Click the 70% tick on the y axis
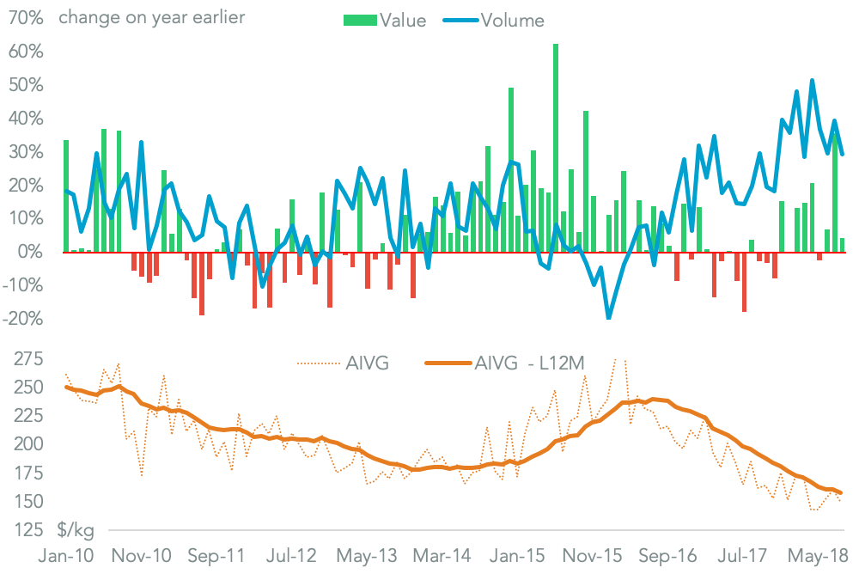click(25, 18)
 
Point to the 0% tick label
click(30, 252)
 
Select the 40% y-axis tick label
click(25, 118)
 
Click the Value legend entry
click(385, 21)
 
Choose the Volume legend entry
click(496, 21)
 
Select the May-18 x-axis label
click(817, 556)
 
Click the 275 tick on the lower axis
click(28, 358)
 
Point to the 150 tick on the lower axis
click(28, 501)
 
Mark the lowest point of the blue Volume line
click(609, 319)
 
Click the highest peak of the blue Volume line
click(813, 81)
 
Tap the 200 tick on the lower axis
click(28, 444)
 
